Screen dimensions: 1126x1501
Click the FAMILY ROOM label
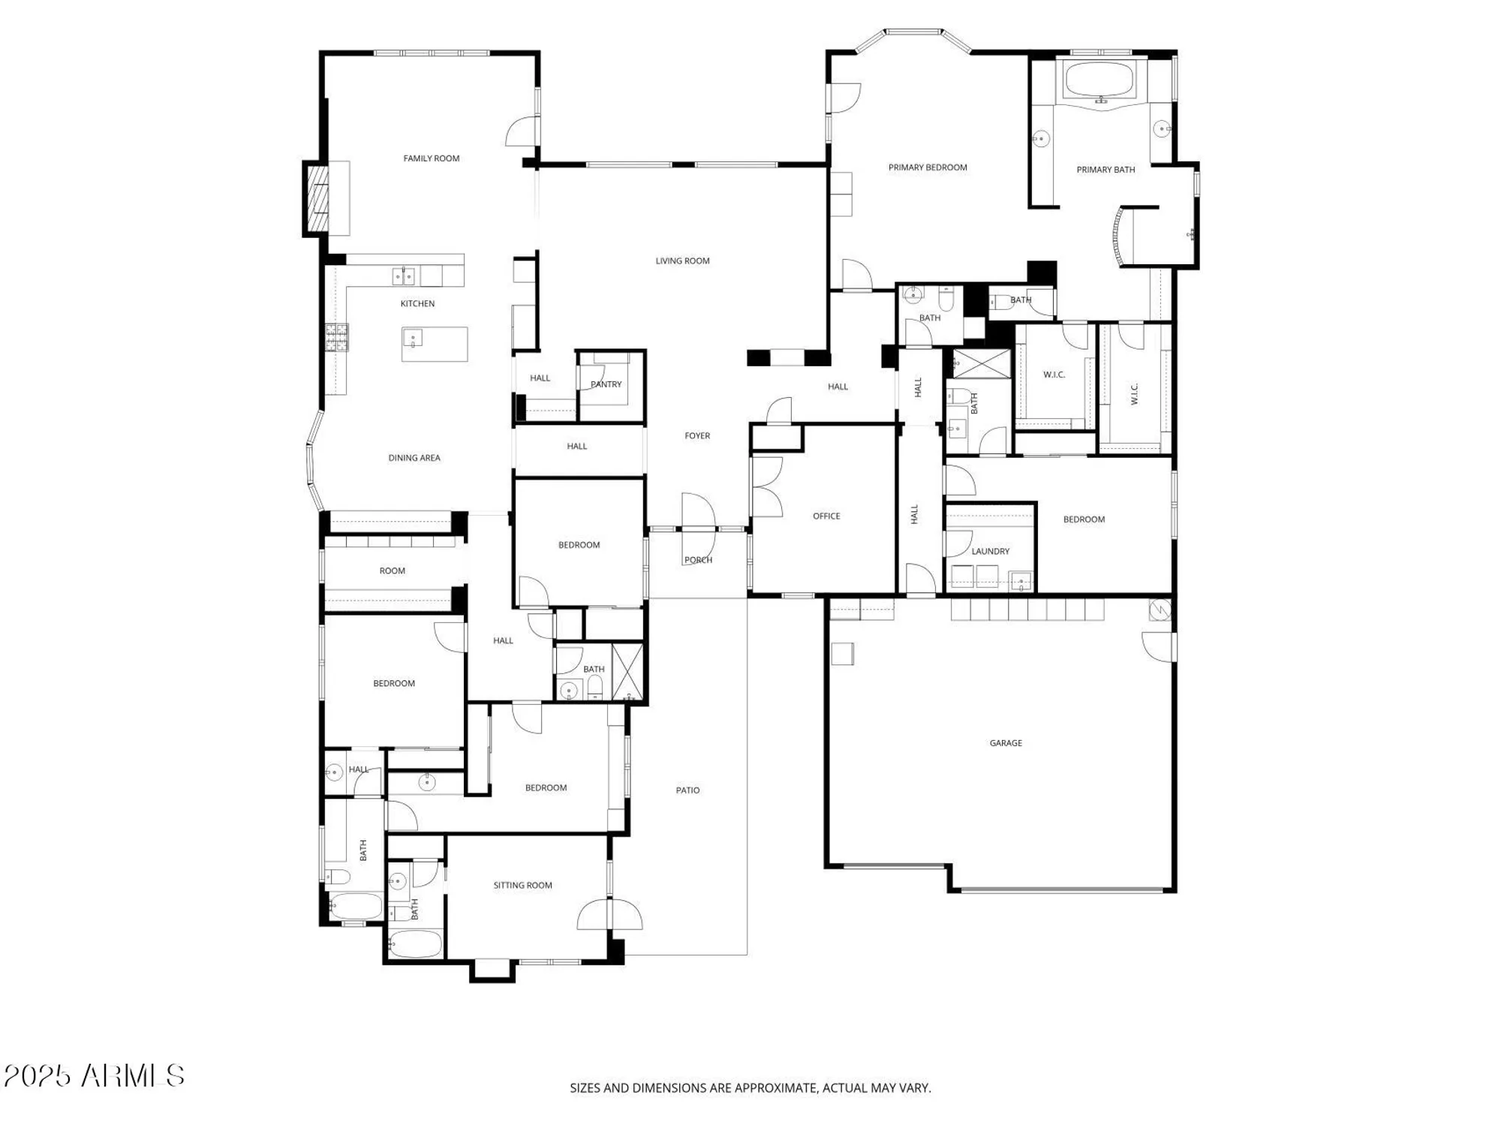tap(431, 158)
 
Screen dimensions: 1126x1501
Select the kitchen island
tap(435, 344)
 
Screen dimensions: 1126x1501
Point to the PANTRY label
tap(606, 384)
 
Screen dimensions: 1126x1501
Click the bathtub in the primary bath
tap(1101, 80)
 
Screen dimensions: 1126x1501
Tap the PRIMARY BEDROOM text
tap(928, 167)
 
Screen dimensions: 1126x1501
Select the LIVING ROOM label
tap(682, 261)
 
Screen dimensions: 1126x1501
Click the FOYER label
tap(697, 435)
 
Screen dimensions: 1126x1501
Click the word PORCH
tap(698, 560)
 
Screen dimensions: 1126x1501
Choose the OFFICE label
tap(826, 516)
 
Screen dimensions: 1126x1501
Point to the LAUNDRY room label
tap(990, 551)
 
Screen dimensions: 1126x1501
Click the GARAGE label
tap(1006, 743)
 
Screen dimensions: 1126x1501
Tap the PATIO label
tap(687, 790)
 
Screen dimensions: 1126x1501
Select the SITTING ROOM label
tap(522, 886)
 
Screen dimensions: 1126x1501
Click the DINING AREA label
tap(414, 458)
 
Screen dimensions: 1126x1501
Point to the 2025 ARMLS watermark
tap(94, 1076)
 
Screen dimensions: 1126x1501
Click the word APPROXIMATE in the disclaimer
tap(776, 1088)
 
